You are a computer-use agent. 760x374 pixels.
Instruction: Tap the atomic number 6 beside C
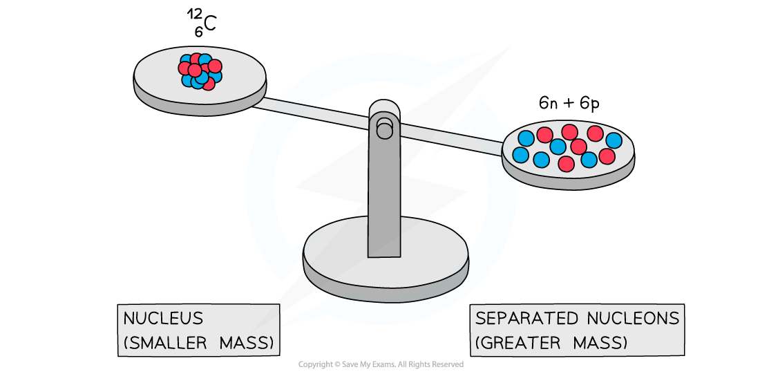point(198,32)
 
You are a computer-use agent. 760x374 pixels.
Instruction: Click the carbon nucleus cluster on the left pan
point(200,71)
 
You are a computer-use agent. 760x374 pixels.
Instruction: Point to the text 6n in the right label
point(548,103)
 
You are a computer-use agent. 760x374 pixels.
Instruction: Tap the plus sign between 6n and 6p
point(569,104)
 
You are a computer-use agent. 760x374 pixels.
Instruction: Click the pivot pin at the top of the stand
point(385,128)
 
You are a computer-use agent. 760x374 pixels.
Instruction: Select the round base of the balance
point(386,259)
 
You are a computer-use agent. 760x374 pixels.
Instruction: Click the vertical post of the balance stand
point(384,187)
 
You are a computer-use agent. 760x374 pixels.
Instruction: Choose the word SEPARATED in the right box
point(525,319)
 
